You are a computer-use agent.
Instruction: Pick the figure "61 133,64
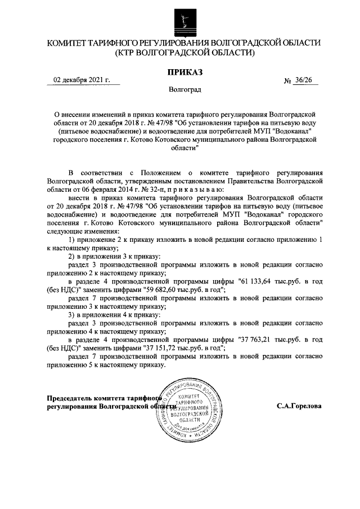(x=255, y=281)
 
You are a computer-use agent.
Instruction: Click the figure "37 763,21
(x=255, y=340)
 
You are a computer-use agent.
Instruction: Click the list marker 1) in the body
(x=71, y=240)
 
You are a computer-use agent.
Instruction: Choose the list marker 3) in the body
(x=71, y=315)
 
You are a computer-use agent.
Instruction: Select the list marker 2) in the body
(x=71, y=256)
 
